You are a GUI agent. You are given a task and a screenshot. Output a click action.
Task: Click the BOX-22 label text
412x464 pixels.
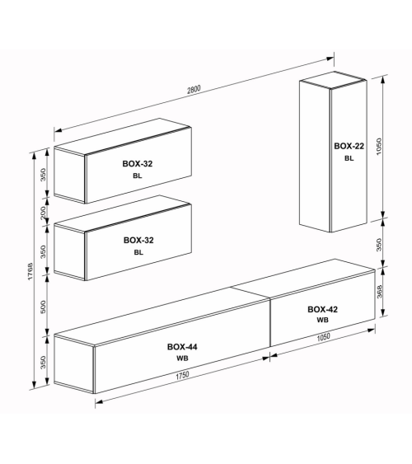click(x=349, y=146)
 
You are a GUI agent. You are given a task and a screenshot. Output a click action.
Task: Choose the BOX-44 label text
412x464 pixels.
click(x=180, y=347)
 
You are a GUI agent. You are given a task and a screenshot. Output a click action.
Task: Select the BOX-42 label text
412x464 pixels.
click(x=322, y=309)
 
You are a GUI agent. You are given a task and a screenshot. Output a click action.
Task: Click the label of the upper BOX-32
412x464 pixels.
click(x=138, y=164)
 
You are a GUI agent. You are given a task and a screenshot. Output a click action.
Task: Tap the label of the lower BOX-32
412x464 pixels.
click(x=138, y=240)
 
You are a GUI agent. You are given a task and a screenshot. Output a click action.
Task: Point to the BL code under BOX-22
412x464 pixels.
click(x=349, y=158)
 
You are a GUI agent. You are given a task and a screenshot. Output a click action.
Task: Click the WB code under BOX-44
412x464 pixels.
click(x=180, y=359)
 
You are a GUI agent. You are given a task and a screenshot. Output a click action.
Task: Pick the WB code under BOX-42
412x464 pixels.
click(x=322, y=321)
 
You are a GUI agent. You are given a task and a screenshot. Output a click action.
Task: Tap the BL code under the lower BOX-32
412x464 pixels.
click(x=138, y=252)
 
